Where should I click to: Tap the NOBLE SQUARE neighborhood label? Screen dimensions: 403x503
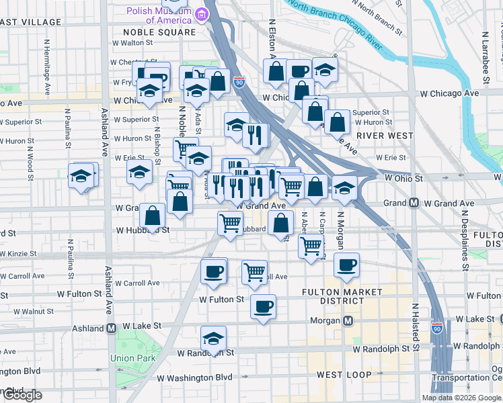(x=159, y=32)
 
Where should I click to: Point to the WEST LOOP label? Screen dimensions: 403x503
(x=340, y=373)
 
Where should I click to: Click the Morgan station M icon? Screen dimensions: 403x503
(x=348, y=321)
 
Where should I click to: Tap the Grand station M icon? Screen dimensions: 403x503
(x=414, y=203)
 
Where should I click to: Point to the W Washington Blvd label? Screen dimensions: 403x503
(x=196, y=378)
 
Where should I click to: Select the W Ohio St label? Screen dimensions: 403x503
(x=403, y=179)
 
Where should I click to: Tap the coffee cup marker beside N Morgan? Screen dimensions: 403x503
(x=346, y=265)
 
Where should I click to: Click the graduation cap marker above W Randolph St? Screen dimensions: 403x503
(x=214, y=338)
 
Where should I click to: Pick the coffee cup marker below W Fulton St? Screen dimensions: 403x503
(x=263, y=306)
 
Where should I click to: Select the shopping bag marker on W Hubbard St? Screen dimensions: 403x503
(x=153, y=216)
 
